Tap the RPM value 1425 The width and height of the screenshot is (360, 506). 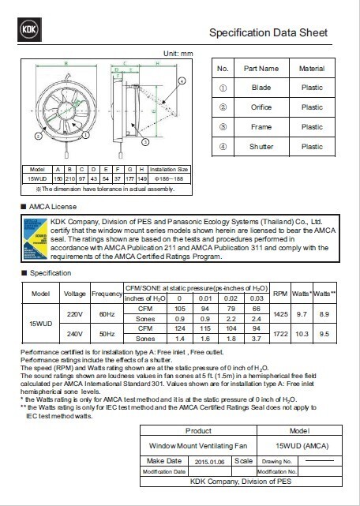point(279,314)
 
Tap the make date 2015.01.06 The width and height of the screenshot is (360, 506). point(210,460)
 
